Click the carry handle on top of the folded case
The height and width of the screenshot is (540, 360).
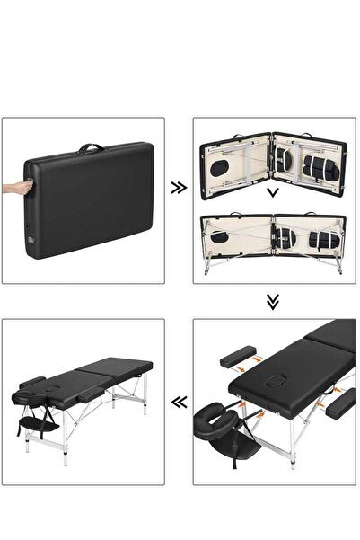tap(90, 147)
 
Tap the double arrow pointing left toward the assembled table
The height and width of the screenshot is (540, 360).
tap(180, 403)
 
